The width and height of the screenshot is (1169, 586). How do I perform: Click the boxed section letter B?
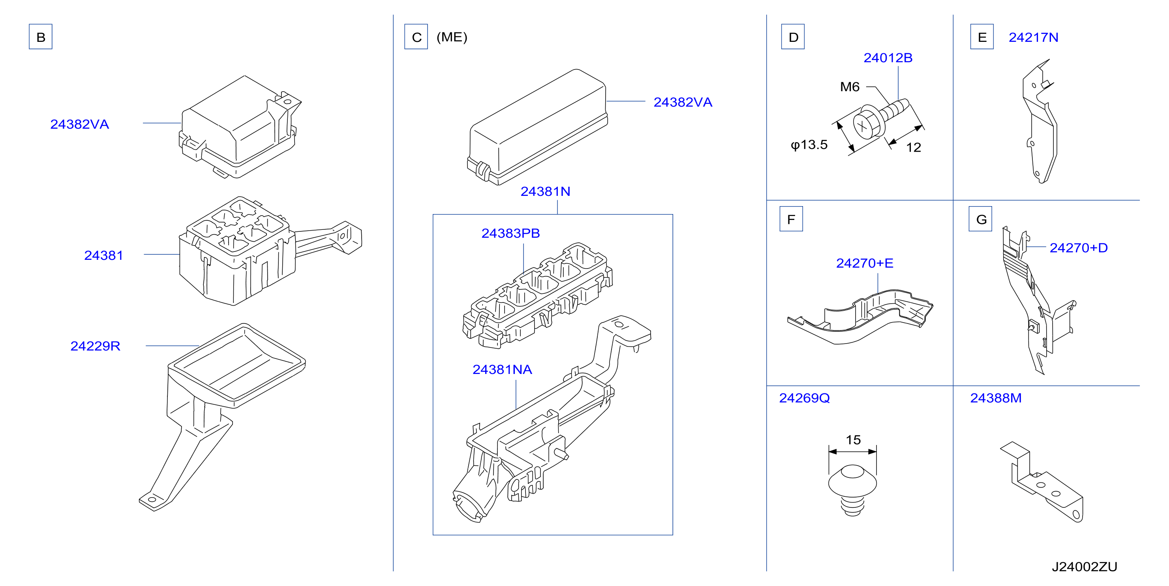[x=40, y=37]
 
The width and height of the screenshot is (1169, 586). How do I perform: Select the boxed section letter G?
[x=981, y=219]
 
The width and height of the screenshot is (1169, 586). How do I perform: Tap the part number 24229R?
[x=95, y=346]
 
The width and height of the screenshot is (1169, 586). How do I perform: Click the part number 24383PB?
[x=510, y=233]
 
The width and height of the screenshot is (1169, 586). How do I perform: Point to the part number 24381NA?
[x=502, y=370]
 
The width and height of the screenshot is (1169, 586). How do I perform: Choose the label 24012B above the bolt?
[x=888, y=58]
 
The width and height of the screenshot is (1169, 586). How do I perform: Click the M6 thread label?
[x=850, y=87]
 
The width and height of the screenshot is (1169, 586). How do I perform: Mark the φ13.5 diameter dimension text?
[x=809, y=145]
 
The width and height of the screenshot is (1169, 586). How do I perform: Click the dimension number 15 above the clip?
[x=853, y=439]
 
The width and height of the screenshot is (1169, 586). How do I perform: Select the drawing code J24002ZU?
[x=1085, y=567]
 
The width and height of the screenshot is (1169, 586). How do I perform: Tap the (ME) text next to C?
[x=452, y=37]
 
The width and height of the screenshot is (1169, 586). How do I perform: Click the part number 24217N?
[x=1033, y=37]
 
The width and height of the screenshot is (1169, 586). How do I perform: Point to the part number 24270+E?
[x=865, y=263]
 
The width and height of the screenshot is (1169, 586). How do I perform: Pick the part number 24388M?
[x=996, y=398]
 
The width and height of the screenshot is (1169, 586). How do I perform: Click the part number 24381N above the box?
[x=545, y=192]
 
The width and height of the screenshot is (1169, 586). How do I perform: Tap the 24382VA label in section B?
[x=79, y=124]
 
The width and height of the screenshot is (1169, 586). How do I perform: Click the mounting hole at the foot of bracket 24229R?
[x=152, y=500]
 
